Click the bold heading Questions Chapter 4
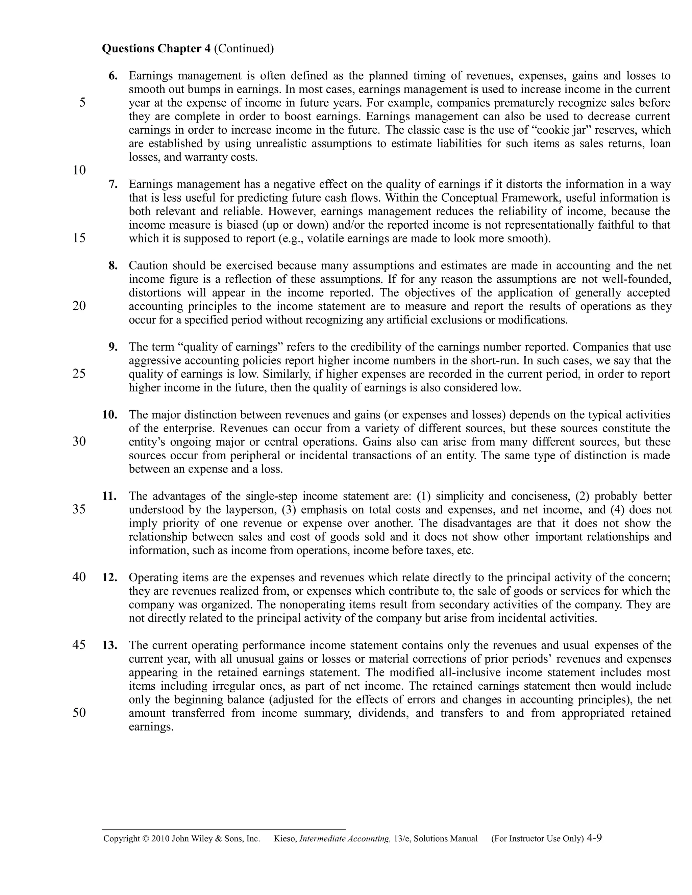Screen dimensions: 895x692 pos(156,49)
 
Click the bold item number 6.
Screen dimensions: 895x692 pos(113,76)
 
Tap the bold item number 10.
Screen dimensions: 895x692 pos(109,415)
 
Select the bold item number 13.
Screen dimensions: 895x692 pos(109,645)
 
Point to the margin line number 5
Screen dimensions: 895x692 pos(82,102)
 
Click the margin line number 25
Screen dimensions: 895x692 pos(79,374)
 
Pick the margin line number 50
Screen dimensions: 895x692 pos(79,713)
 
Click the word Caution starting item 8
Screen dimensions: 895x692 pos(148,265)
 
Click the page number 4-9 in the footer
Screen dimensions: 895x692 pos(594,838)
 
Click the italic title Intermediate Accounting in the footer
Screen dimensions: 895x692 pos(345,839)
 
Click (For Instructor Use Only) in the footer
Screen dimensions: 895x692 pos(537,839)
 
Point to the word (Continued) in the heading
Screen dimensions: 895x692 pos(244,49)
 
